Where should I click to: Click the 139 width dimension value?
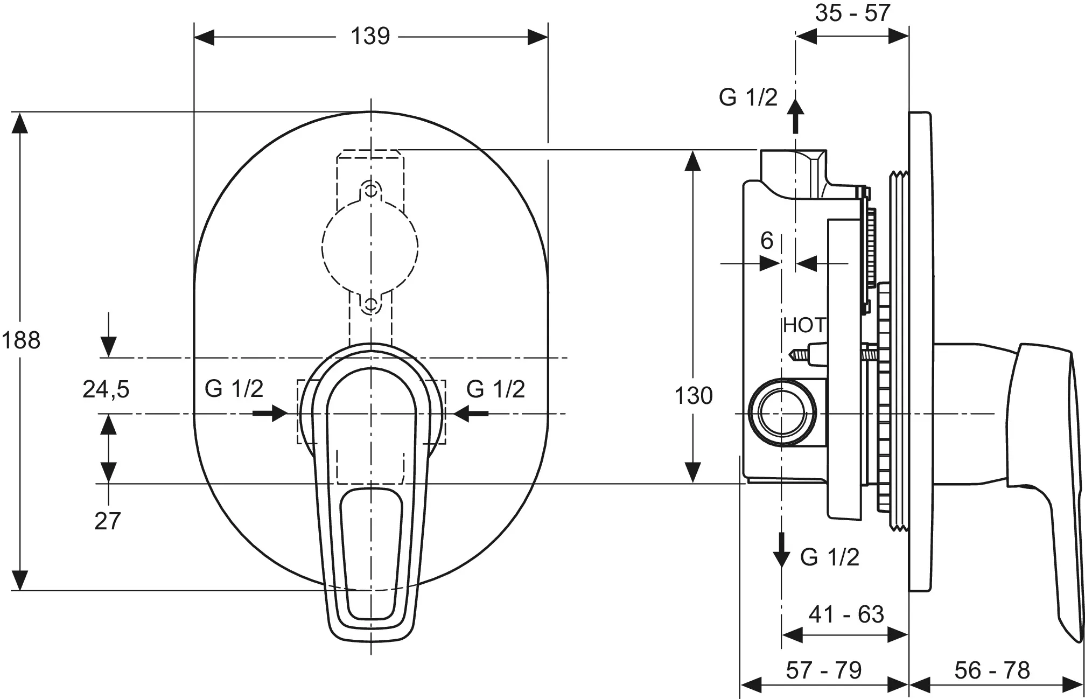coord(370,37)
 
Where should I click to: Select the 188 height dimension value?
coord(21,340)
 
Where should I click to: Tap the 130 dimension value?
coord(694,396)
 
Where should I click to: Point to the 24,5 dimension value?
coord(106,389)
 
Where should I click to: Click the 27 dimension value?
coord(107,521)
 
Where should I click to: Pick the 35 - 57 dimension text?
coord(852,13)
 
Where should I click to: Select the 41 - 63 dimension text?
coord(846,614)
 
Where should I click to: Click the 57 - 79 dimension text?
coord(824,670)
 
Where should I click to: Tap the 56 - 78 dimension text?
coord(992,670)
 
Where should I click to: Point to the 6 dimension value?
coord(767,240)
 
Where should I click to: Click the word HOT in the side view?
coord(804,325)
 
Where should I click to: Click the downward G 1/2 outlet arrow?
coord(781,550)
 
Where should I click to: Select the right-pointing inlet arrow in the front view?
coord(270,414)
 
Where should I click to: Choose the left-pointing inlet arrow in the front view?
coord(471,414)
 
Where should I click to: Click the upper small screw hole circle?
coord(370,190)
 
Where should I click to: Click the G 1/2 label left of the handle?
coord(234,388)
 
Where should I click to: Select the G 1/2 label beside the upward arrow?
coord(748,97)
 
